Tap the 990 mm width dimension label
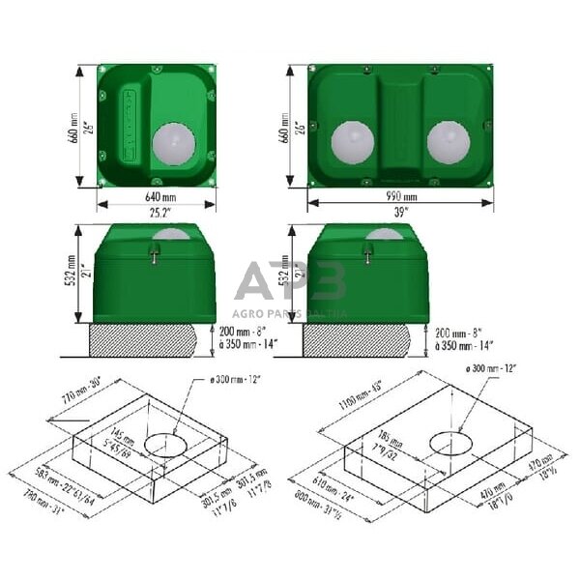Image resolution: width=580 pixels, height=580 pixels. [400, 199]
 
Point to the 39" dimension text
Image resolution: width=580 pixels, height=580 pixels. [400, 212]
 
